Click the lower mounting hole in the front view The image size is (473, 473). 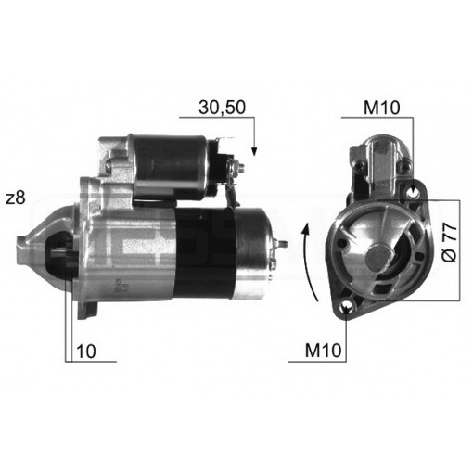coord(348,308)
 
